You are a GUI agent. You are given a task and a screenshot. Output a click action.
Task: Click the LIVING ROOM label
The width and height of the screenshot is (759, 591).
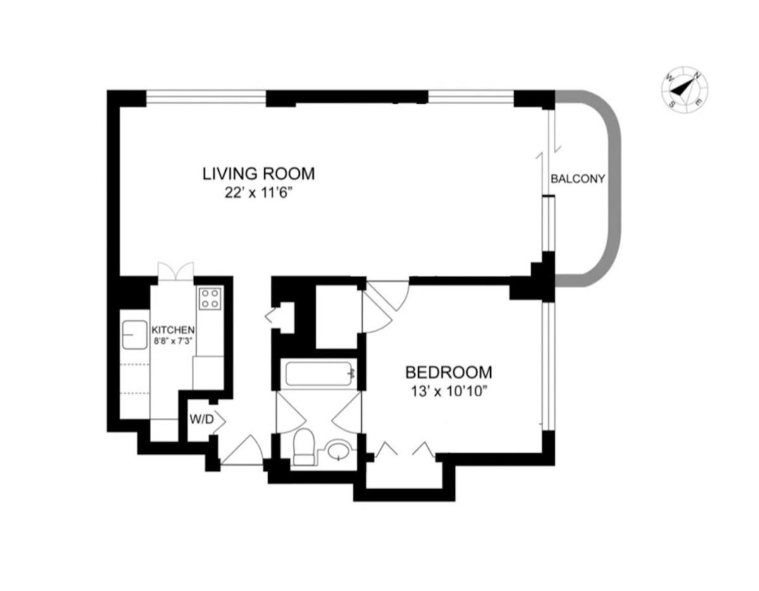[x=259, y=174]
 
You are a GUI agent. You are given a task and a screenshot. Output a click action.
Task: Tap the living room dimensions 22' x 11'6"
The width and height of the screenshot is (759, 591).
[x=258, y=193]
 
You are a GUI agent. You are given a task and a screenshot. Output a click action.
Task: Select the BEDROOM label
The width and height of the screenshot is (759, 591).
[x=449, y=372]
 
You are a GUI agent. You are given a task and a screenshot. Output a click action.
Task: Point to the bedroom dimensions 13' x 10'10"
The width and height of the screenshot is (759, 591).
[x=449, y=392]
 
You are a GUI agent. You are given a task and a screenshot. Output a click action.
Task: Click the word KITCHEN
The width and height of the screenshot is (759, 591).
[x=173, y=329]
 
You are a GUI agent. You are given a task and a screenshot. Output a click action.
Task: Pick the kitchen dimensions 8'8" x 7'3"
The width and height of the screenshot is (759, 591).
[x=173, y=341]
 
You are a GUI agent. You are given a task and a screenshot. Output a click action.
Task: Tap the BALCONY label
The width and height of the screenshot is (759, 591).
[x=577, y=179]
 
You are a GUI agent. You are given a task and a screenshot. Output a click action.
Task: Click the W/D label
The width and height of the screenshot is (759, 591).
[x=202, y=419]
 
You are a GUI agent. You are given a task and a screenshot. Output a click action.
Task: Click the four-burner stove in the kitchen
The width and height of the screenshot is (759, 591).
[x=210, y=298]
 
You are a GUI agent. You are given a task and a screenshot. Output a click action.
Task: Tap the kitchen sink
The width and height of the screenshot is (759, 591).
[x=135, y=334]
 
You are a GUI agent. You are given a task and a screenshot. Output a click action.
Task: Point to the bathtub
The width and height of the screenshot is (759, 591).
[x=320, y=374]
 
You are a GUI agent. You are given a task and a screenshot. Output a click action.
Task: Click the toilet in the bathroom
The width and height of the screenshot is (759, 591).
[x=303, y=448]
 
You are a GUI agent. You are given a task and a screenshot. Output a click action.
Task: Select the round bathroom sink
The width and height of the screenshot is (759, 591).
[x=339, y=450]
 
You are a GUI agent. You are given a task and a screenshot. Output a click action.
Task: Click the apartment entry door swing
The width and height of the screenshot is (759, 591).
[x=242, y=450]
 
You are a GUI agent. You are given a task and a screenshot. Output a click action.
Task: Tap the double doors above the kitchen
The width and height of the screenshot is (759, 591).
[x=176, y=271]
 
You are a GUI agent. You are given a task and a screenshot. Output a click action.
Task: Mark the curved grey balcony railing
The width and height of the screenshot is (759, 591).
[x=614, y=188]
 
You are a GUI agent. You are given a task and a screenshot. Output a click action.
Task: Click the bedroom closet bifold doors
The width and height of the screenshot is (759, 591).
[x=405, y=449]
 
